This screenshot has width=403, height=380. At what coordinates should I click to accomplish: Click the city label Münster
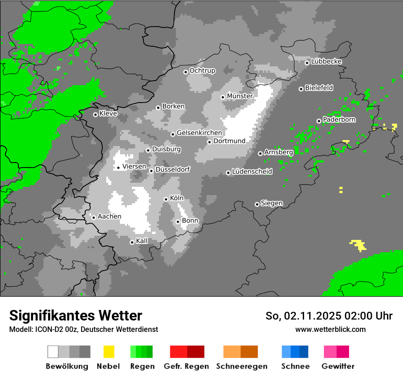coord(240,96)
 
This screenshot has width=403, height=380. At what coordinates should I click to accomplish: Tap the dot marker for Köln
coord(166,199)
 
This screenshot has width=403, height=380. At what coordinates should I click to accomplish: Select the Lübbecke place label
coord(327,62)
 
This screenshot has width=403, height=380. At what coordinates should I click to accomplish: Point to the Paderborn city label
coord(339,120)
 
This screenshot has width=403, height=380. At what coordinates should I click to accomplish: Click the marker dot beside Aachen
coord(93,217)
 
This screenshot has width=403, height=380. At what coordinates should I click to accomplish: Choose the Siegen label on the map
coord(272,203)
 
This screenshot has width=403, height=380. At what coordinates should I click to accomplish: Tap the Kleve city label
coord(108,114)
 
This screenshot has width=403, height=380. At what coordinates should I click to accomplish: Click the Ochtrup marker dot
coord(185,71)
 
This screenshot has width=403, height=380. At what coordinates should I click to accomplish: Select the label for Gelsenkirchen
coord(199,133)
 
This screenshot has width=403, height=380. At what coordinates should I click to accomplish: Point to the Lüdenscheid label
coord(252,172)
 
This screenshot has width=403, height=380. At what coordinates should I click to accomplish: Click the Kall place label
coord(142,241)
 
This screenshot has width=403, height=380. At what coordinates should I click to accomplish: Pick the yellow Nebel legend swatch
coord(109,352)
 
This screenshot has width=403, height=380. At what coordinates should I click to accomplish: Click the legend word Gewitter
coord(338,366)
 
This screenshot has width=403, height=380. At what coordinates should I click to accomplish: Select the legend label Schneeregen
coord(241,366)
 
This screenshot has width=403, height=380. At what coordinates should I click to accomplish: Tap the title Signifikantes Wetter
coord(76,315)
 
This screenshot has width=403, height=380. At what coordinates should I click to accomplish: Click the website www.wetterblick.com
coord(330,329)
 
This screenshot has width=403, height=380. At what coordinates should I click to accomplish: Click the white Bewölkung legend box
coord(53,352)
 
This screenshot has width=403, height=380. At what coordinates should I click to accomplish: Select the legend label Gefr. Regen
coord(186,366)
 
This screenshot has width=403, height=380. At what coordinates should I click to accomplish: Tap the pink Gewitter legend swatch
coord(330,352)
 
